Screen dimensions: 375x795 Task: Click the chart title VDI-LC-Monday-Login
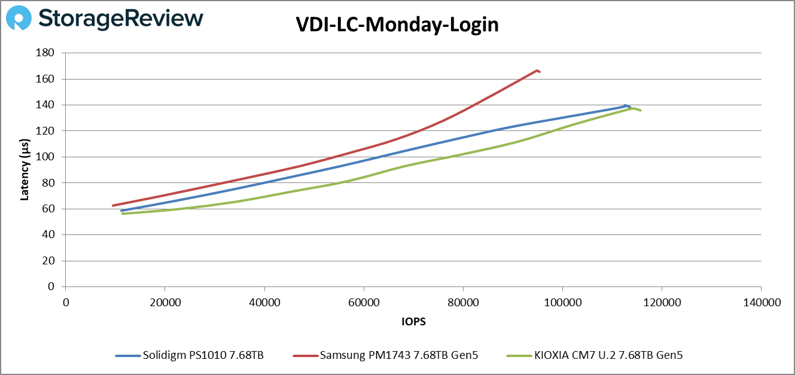397,25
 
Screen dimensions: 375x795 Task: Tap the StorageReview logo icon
19,19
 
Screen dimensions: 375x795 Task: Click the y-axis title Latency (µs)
25,170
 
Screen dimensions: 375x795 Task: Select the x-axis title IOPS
413,321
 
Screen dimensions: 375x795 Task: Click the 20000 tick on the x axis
165,303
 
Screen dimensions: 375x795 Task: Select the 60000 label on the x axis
364,303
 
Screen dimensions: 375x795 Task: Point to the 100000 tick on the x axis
562,303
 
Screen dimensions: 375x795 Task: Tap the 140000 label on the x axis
761,303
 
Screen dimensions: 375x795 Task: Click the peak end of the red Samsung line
538,71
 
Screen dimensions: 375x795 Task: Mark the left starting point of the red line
113,205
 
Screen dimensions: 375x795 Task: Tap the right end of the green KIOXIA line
640,110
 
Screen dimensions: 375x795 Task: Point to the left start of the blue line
121,211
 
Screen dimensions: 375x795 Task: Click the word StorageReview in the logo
120,19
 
